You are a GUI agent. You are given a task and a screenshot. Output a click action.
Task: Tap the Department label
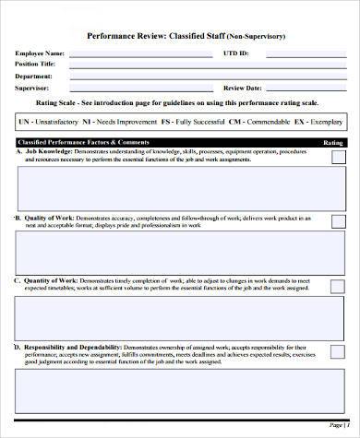(x=34, y=77)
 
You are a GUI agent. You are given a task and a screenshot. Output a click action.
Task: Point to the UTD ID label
(x=235, y=53)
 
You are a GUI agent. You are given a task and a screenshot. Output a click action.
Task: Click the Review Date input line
(x=306, y=89)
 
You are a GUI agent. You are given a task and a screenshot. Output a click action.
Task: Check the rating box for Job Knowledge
(x=338, y=157)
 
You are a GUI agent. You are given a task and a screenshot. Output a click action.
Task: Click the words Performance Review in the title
(x=125, y=35)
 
